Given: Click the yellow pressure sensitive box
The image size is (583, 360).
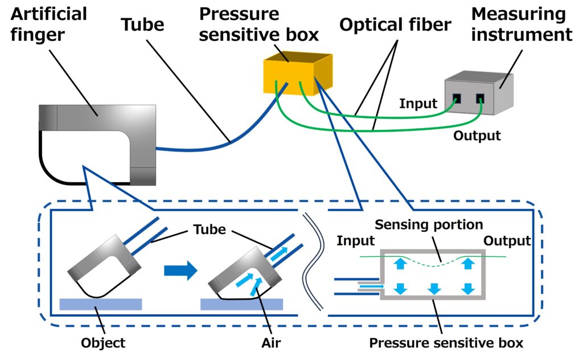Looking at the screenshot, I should coord(296,74).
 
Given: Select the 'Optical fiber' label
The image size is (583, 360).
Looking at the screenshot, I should coord(396,24).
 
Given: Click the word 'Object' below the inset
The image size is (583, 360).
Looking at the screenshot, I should coord(103,343).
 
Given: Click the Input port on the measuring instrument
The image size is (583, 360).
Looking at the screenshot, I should coord(457,97).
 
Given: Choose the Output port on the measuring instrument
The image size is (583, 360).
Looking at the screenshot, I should coord(480,98).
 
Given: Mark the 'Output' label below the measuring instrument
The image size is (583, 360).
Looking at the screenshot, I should coord(477,136).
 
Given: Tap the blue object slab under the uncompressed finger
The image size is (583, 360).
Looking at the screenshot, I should coord(101,304).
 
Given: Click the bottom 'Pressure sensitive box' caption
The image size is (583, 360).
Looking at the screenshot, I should coord(446,343).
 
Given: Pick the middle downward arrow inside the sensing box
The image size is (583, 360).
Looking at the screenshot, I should coord(434,288).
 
